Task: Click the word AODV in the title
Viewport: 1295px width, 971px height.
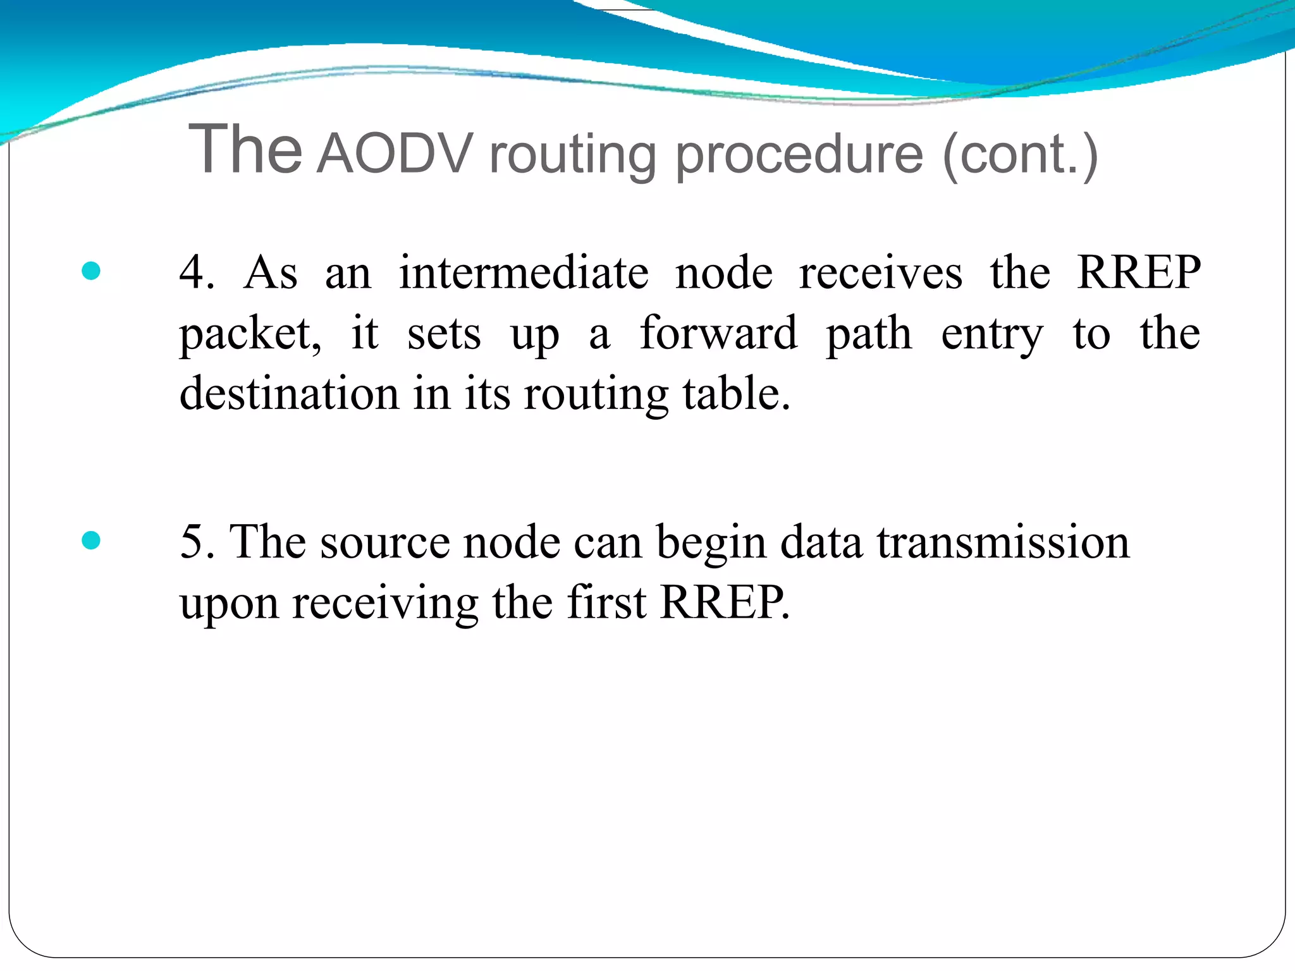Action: click(x=395, y=154)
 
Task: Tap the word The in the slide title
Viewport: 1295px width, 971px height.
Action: click(x=245, y=149)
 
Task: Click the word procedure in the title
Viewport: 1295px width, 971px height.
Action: click(x=799, y=155)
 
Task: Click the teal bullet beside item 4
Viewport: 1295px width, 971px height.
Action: click(x=92, y=271)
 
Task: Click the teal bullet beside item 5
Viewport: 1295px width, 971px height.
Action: click(x=92, y=540)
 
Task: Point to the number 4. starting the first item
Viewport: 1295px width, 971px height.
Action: click(x=197, y=272)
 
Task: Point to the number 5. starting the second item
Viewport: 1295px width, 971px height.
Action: click(x=197, y=542)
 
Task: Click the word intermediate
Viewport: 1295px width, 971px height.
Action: click(x=523, y=272)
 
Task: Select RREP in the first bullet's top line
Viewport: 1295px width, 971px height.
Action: click(x=1138, y=272)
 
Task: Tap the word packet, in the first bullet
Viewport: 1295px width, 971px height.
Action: click(x=250, y=334)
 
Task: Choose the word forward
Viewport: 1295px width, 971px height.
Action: click(x=718, y=333)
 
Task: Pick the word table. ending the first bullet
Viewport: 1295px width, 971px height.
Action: click(x=737, y=393)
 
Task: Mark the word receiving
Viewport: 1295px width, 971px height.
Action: click(x=385, y=603)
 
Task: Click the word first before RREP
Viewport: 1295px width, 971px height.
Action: click(x=606, y=602)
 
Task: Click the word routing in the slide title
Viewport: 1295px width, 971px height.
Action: click(x=573, y=155)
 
